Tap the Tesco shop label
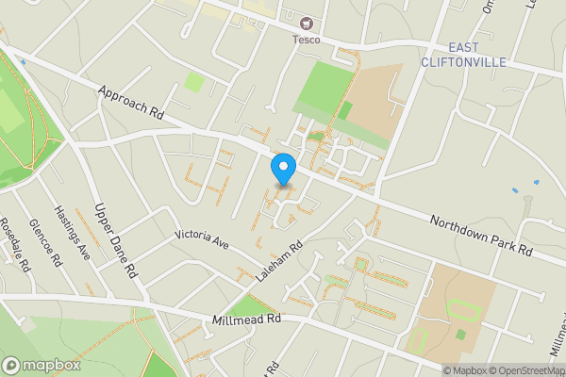[306, 39]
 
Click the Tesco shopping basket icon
[306, 24]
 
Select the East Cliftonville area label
[476, 55]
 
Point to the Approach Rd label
[130, 103]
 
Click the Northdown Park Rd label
[481, 237]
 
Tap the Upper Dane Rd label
[116, 239]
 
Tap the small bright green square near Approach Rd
[193, 82]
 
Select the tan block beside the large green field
[373, 108]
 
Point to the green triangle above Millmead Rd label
[248, 305]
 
